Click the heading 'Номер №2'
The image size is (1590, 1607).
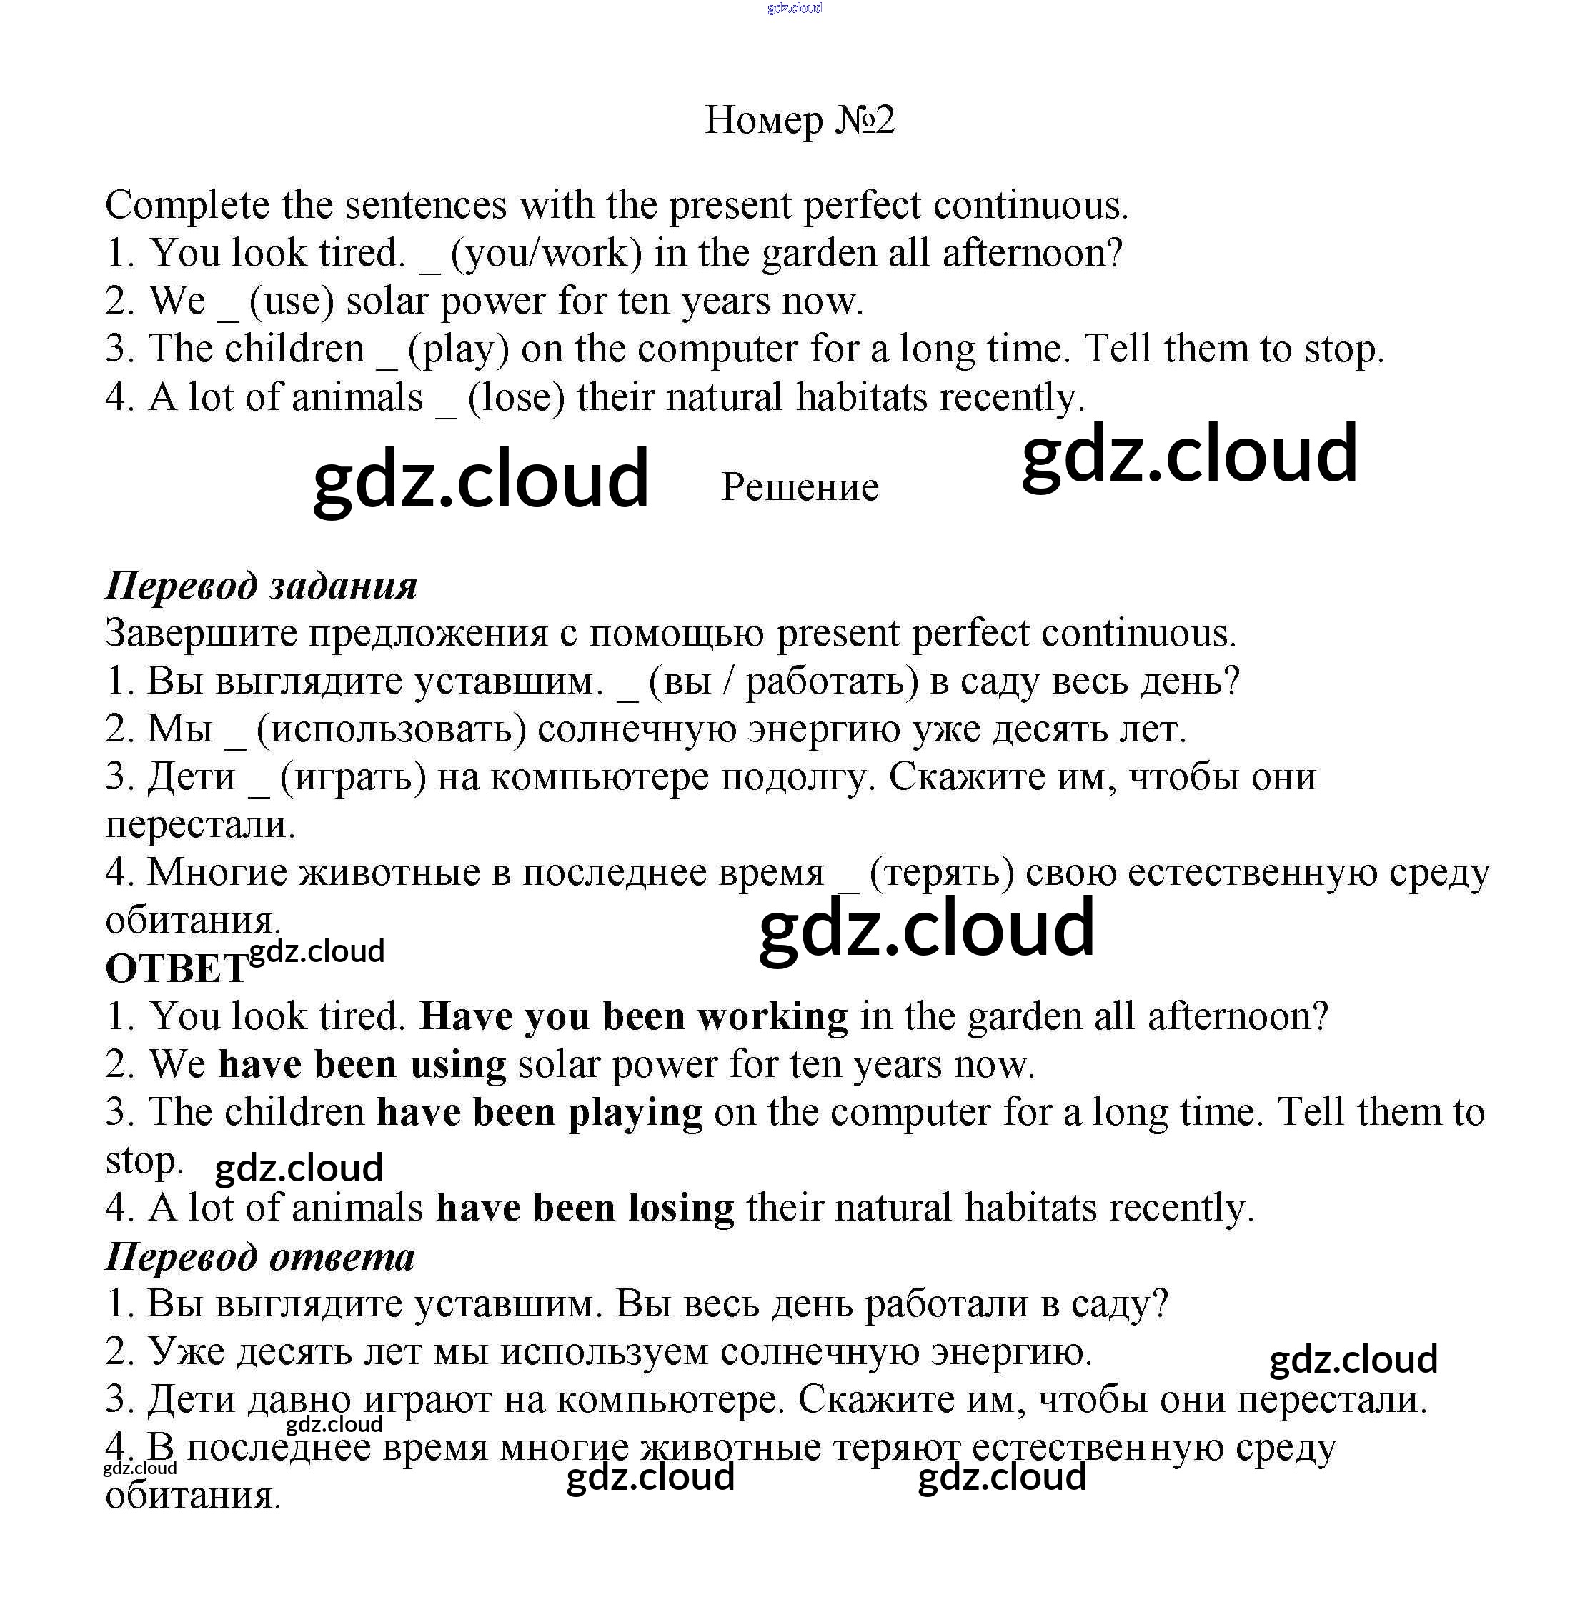pos(799,120)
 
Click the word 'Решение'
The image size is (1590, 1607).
pos(799,486)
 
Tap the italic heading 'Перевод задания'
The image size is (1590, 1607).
pos(260,586)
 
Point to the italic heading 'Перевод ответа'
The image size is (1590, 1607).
pos(259,1257)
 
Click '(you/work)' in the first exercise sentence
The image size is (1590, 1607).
pos(546,254)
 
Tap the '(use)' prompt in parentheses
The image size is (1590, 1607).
pos(292,301)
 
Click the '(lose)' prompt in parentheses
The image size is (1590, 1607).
pos(516,398)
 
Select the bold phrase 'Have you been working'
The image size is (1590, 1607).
pos(633,1016)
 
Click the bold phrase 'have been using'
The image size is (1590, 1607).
pos(362,1065)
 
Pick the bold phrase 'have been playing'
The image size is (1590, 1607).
pos(539,1113)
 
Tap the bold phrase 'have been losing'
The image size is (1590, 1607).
pos(585,1208)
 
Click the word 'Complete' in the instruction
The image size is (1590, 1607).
pos(187,206)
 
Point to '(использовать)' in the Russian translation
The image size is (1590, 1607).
pos(391,729)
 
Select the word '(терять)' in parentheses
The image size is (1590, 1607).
pos(941,873)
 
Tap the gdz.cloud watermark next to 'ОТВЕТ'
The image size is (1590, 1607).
pos(316,951)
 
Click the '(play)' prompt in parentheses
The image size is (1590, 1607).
pos(457,349)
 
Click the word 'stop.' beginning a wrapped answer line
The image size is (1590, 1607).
pos(144,1161)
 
